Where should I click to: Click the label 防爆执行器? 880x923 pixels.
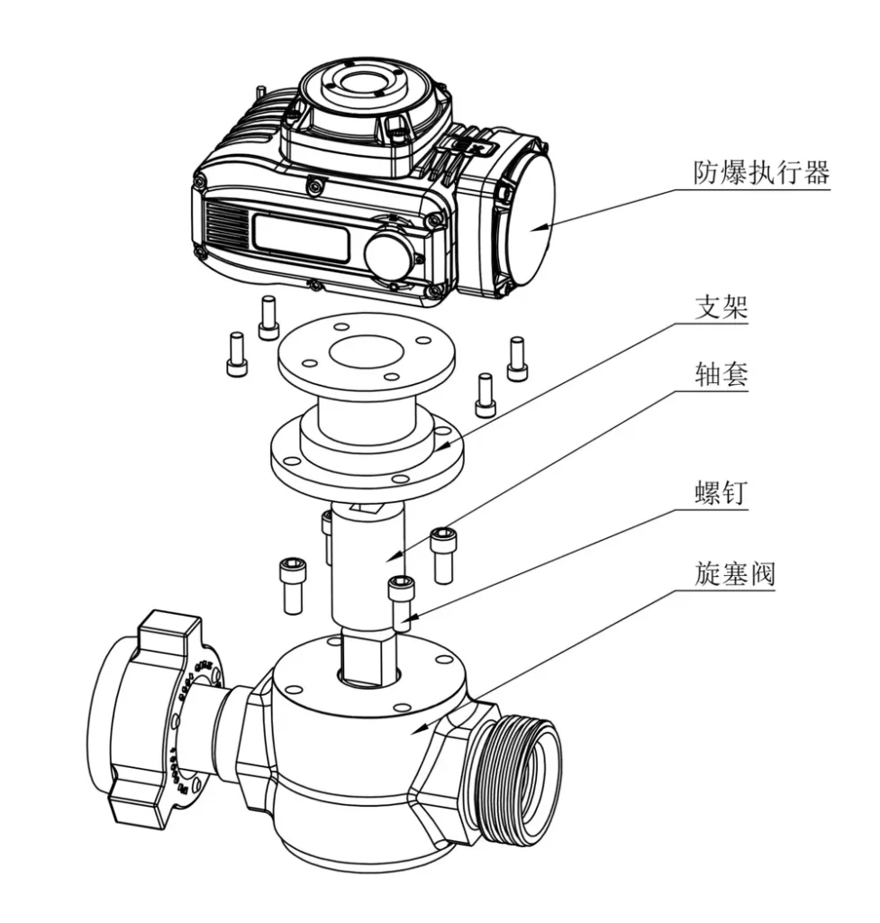(x=760, y=173)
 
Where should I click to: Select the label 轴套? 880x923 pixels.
(x=721, y=375)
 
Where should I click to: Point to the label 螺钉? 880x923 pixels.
(x=721, y=492)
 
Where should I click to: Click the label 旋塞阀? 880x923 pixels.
(x=734, y=573)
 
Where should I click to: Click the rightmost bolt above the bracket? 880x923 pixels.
(x=516, y=358)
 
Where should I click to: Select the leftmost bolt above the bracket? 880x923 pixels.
(x=236, y=353)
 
